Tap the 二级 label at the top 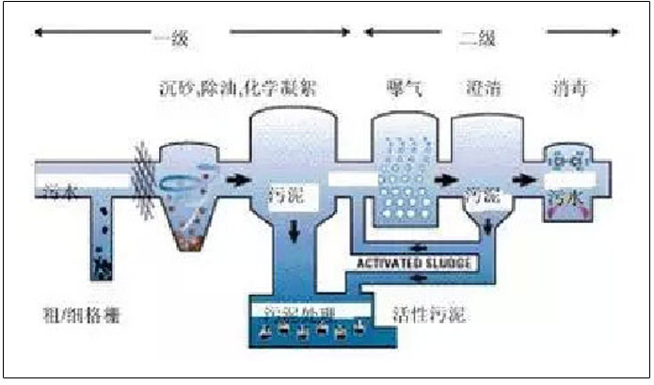(476, 39)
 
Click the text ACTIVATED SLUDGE (416, 261)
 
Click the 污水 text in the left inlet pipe (58, 193)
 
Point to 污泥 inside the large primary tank (288, 195)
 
